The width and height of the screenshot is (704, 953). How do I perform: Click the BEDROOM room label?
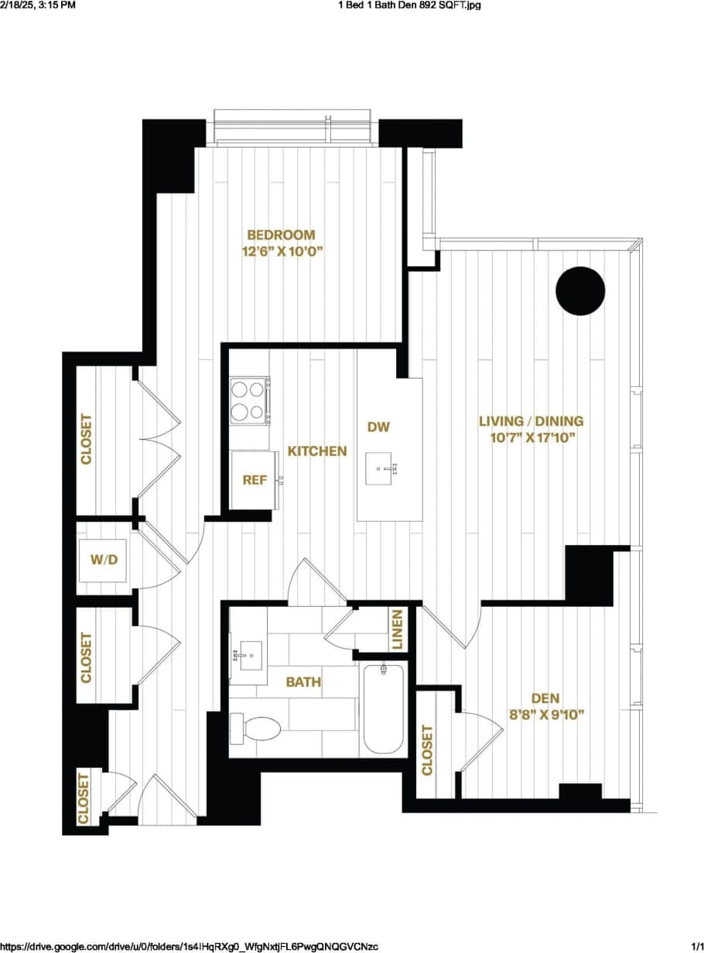[x=281, y=235]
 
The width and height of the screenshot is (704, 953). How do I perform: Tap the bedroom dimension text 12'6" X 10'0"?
[x=281, y=251]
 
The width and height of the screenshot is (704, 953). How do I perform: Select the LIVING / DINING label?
[x=531, y=421]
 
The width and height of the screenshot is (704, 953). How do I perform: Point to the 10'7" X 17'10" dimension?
[x=531, y=437]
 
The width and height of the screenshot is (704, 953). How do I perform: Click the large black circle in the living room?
[x=580, y=291]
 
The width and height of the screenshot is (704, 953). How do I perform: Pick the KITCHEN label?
[x=317, y=451]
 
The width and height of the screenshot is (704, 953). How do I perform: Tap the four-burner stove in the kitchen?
[x=249, y=400]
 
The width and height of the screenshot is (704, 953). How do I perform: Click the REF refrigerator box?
[x=255, y=480]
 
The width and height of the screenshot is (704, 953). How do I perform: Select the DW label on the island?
[x=378, y=427]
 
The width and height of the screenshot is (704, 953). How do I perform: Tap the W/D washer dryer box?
[x=104, y=559]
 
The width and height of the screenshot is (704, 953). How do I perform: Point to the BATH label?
[x=303, y=682]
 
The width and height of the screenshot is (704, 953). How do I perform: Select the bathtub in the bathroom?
[x=384, y=708]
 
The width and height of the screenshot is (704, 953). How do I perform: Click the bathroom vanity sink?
[x=248, y=657]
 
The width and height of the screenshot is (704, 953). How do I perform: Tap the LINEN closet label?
[x=398, y=629]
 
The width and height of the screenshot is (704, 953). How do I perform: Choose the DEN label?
[x=545, y=698]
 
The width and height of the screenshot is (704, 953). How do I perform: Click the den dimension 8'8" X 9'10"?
[x=545, y=715]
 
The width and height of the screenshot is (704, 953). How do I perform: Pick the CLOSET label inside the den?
[x=427, y=749]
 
